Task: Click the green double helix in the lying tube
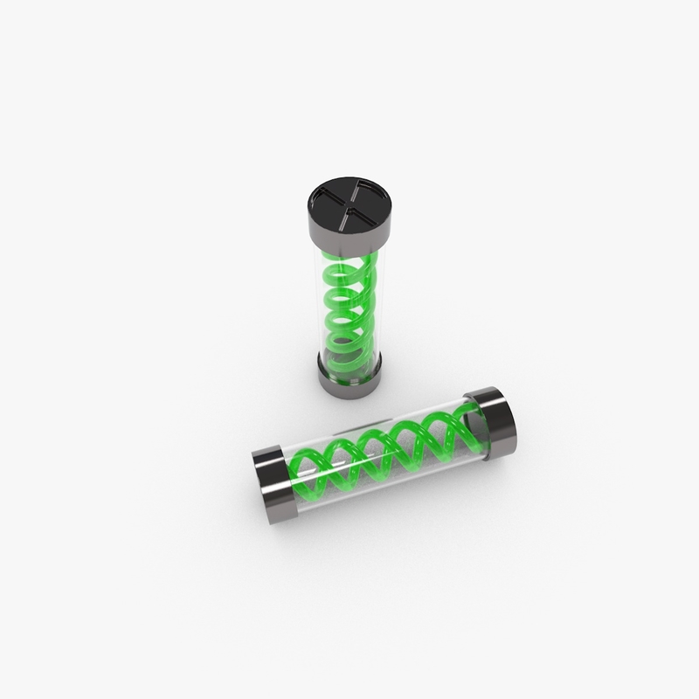click(384, 453)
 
